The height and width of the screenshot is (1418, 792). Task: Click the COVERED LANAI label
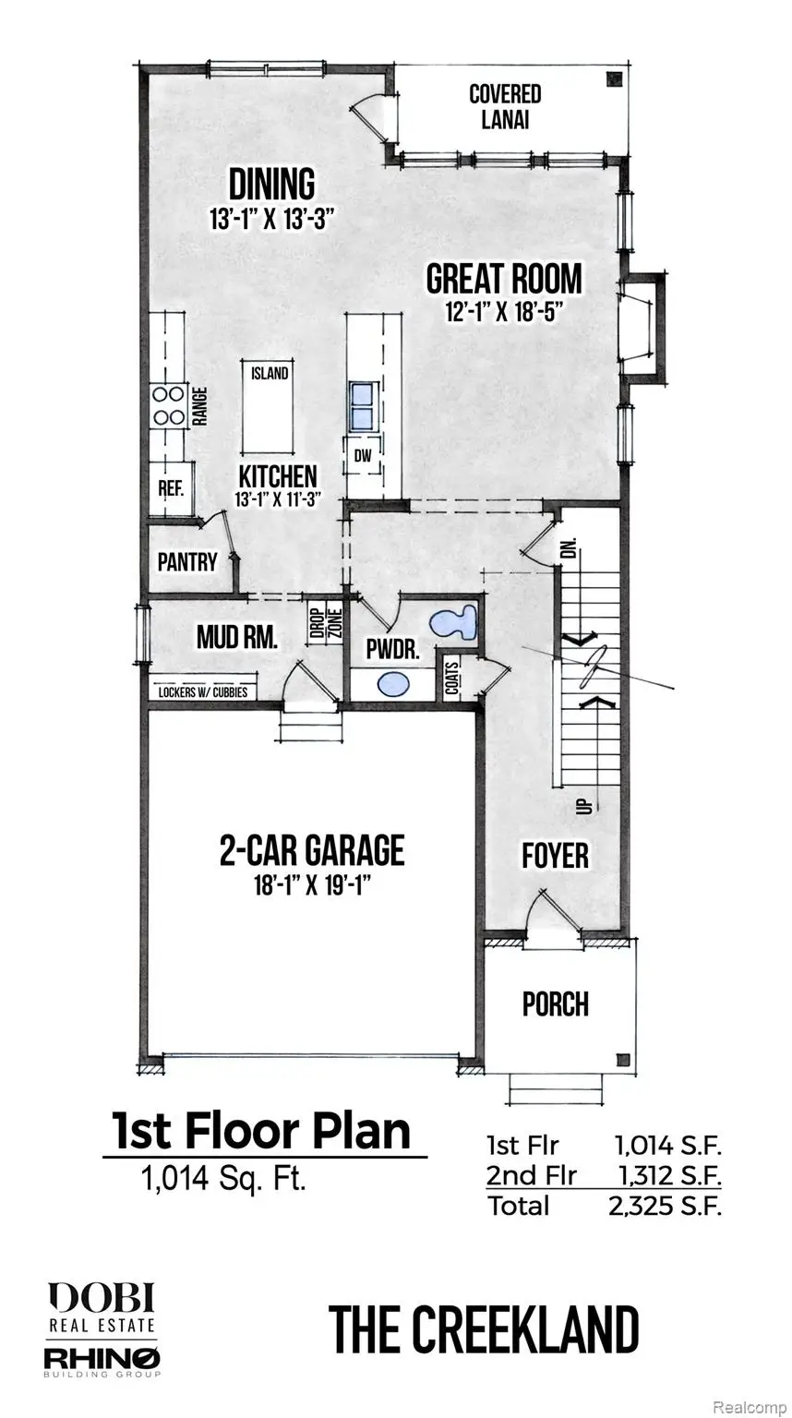pos(505,107)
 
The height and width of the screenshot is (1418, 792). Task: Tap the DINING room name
pos(272,184)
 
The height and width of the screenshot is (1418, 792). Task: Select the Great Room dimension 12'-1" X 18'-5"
pos(504,313)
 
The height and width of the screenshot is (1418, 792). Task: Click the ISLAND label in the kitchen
pos(270,374)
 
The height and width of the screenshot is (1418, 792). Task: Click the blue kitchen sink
pos(362,404)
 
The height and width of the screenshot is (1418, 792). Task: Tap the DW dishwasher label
pos(362,454)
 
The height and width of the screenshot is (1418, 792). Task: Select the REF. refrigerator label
pos(172,488)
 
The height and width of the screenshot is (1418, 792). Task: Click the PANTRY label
pos(187,561)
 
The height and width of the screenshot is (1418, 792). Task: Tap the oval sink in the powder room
pos(395,685)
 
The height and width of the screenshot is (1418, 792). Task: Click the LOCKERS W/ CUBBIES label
pos(202,691)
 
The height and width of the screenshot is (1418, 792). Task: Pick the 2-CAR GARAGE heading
pos(312,849)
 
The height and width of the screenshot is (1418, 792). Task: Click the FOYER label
pos(555,855)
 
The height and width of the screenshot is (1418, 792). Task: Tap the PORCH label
pos(556,1003)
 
